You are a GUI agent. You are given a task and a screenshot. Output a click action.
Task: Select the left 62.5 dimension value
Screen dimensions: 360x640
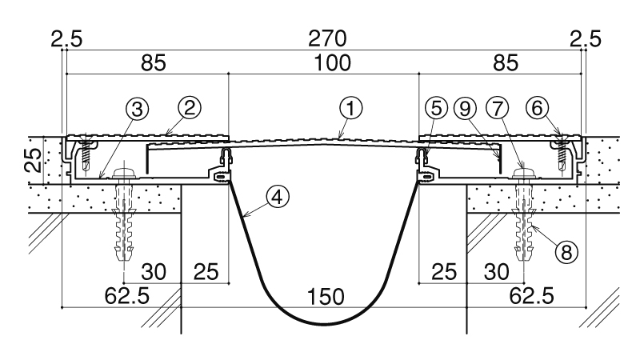[x=127, y=297]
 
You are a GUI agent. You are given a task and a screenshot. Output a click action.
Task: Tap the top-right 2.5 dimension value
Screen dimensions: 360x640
[x=587, y=38]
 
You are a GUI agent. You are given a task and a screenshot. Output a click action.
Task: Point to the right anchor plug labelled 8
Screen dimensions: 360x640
[x=527, y=228]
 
